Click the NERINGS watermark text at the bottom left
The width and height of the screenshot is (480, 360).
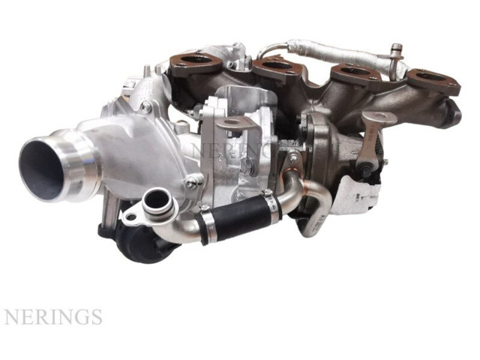pos(53,316)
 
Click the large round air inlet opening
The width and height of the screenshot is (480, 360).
pos(40,169)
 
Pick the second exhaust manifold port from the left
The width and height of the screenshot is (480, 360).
pos(273,65)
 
